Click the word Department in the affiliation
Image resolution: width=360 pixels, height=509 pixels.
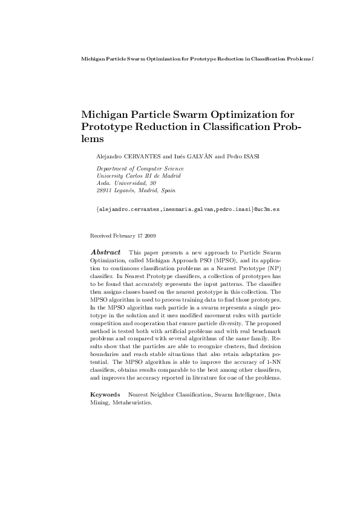point(111,169)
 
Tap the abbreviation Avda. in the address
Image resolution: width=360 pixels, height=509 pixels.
point(103,183)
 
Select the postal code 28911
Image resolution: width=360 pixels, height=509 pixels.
point(103,190)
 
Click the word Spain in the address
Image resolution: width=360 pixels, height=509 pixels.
point(168,190)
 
